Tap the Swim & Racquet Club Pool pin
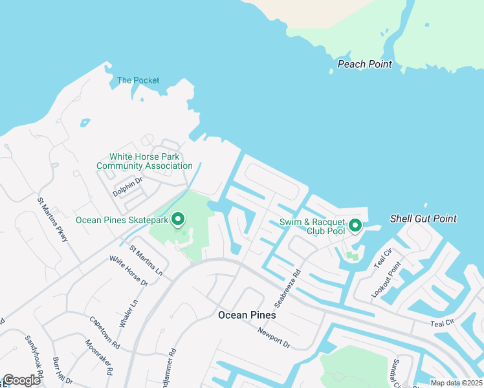coord(355,225)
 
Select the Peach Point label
coord(364,65)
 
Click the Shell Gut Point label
coord(423,219)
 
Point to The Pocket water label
coord(138,81)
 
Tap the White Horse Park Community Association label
coord(144,161)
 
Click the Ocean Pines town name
coord(247,315)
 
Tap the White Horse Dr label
coord(128,271)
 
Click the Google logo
coord(21,380)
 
